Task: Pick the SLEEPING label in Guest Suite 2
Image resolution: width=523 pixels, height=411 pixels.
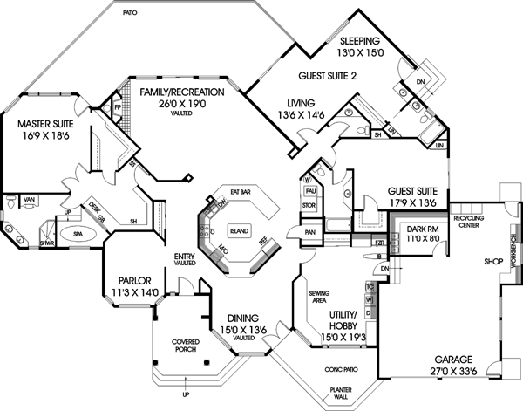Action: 359,40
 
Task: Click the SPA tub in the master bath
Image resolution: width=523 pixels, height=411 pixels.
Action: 53,235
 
